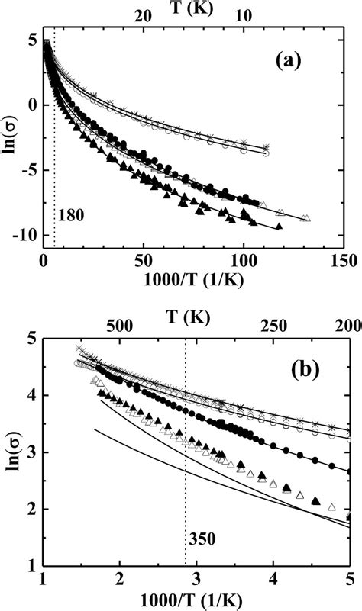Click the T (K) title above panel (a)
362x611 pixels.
point(192,9)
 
